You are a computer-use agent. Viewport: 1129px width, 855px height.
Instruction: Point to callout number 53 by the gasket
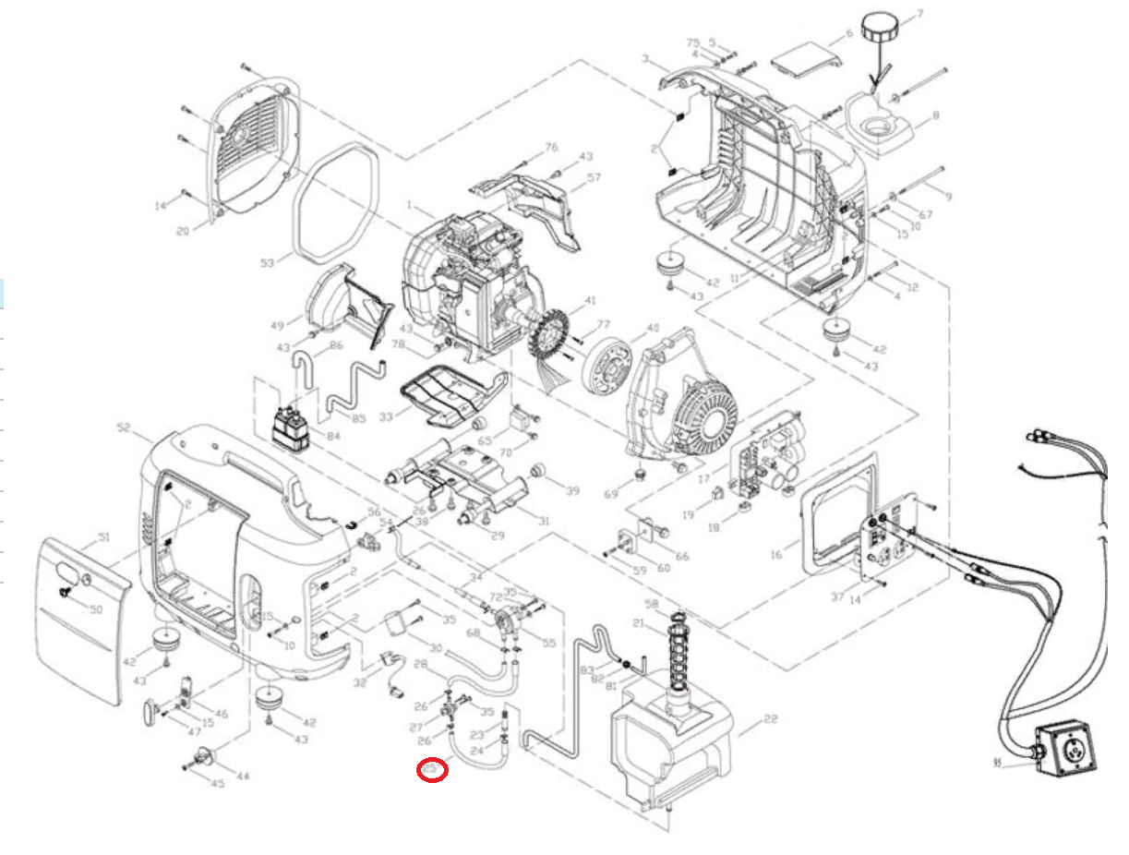(x=267, y=263)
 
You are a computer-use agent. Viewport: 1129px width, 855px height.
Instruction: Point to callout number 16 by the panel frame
(x=776, y=554)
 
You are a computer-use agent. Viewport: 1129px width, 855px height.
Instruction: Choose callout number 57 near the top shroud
(x=594, y=177)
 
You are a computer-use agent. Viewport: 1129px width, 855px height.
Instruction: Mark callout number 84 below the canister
(x=332, y=436)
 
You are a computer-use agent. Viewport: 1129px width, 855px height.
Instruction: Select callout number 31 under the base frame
(x=543, y=522)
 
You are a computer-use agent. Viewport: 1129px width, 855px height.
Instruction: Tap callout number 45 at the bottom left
(x=218, y=784)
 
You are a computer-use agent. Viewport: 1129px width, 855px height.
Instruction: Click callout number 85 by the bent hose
(x=358, y=418)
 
